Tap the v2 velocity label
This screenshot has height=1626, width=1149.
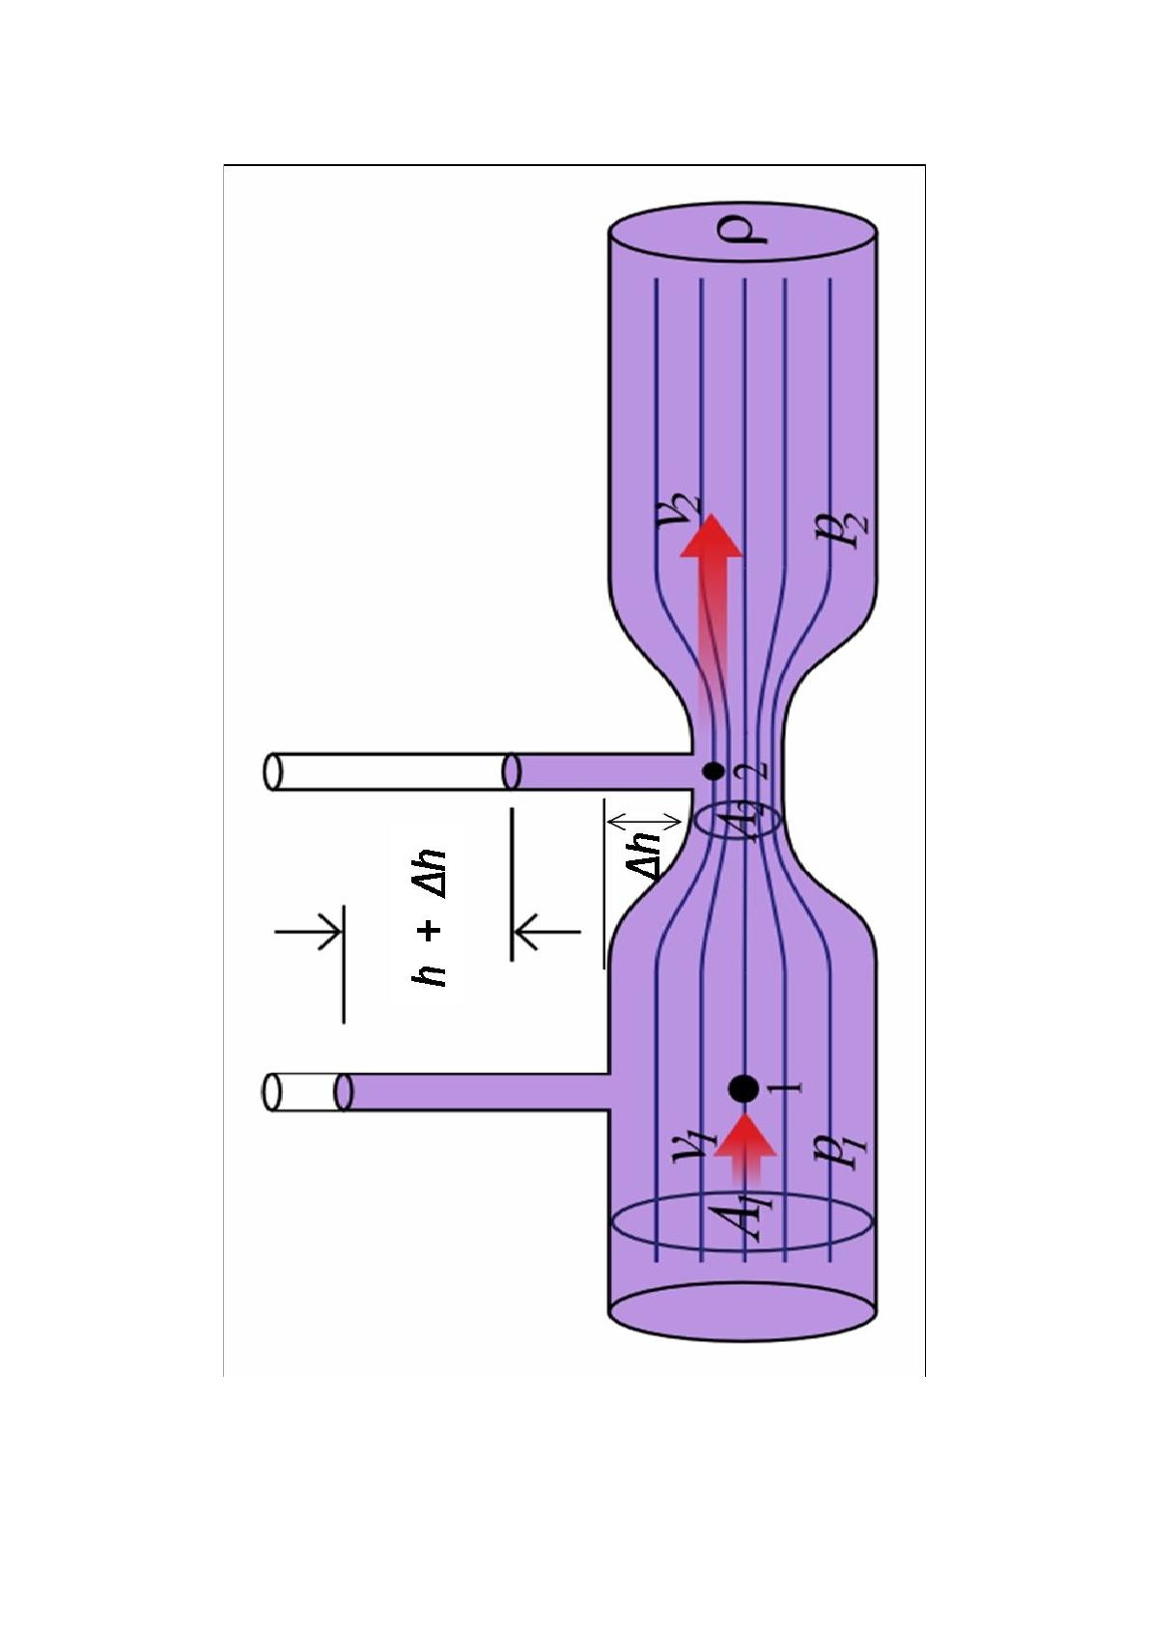coord(683,511)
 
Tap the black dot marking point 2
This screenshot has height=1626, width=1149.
coord(715,771)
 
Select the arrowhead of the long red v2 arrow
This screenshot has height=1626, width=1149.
coord(712,536)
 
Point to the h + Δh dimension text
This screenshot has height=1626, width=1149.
coord(429,917)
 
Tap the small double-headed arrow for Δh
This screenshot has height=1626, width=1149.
coord(643,821)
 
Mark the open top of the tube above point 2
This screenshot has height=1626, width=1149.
coord(274,772)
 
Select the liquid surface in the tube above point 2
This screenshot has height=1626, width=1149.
coord(513,771)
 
